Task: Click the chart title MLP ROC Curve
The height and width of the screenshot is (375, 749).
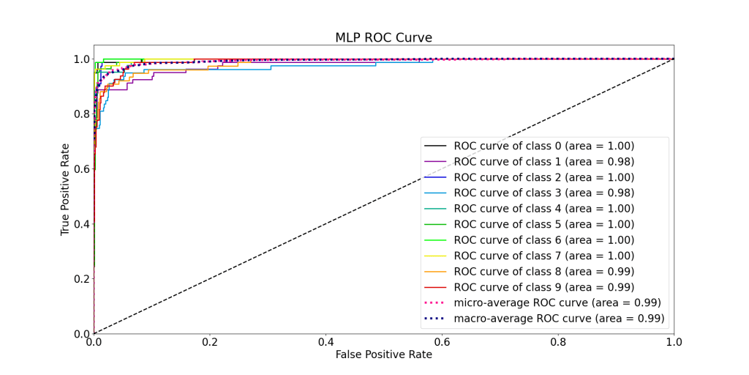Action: click(x=384, y=38)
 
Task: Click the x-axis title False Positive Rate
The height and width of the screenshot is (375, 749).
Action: click(x=384, y=354)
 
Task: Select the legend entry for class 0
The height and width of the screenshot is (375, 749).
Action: click(x=543, y=146)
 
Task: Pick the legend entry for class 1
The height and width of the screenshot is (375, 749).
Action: click(x=543, y=161)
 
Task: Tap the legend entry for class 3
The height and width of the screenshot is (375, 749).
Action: click(x=543, y=193)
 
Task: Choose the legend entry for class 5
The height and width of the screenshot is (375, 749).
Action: click(x=543, y=224)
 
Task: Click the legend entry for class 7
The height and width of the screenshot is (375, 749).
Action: click(x=543, y=256)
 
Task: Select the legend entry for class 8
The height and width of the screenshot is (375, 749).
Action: click(x=543, y=271)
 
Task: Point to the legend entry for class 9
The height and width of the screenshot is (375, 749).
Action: click(x=543, y=286)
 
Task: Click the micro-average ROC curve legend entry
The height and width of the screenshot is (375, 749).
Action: click(x=557, y=302)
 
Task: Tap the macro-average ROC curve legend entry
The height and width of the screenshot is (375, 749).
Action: click(x=559, y=318)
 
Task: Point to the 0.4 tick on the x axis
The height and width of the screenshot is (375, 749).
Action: click(x=326, y=341)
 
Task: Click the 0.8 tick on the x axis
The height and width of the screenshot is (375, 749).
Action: click(x=558, y=341)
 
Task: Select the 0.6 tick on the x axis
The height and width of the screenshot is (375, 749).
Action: click(x=442, y=341)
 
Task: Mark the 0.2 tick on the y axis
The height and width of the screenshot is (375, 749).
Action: click(x=81, y=279)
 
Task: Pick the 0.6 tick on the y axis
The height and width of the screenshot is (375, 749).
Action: click(x=81, y=169)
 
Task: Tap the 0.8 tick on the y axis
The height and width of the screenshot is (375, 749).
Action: click(x=81, y=114)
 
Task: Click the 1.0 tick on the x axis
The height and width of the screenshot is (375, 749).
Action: click(x=674, y=341)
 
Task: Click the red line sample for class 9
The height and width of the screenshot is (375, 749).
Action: click(x=437, y=287)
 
